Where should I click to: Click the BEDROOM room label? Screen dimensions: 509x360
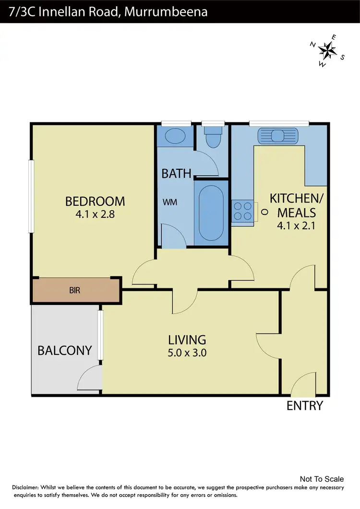point(95,201)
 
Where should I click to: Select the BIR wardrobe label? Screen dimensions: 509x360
point(74,291)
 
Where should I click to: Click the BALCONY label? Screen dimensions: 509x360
point(64,351)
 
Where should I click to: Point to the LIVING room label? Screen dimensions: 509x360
point(187,340)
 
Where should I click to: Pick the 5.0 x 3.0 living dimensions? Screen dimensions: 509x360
point(187,354)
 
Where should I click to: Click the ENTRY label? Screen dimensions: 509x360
point(305,406)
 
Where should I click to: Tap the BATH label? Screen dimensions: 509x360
point(176,173)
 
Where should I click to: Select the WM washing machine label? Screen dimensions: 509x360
point(170,202)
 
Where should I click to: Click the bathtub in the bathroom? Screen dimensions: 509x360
point(211,213)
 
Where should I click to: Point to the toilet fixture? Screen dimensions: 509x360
point(212,137)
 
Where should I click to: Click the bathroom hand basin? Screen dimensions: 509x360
point(175,136)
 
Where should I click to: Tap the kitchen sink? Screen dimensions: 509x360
point(279,135)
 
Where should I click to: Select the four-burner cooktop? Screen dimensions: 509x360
point(243,212)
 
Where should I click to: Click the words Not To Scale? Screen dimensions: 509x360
point(322,479)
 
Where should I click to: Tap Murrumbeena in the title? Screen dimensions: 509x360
point(166,12)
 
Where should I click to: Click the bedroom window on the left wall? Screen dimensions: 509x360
point(31,197)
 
